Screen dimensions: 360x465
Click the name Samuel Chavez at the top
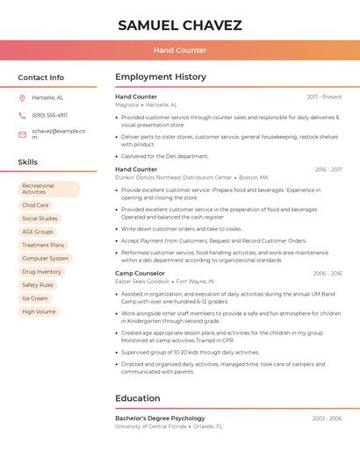pos(180,25)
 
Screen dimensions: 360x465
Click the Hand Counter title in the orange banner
pos(180,50)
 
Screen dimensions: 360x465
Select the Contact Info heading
pos(41,77)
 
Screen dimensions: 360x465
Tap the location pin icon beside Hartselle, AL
pos(22,97)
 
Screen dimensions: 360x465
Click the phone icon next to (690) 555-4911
pos(22,115)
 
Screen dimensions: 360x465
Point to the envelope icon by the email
pos(22,134)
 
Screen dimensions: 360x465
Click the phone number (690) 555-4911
pos(49,115)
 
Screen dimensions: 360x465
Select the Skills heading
pos(28,162)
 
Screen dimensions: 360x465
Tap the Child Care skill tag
pos(35,205)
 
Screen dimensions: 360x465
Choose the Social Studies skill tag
pos(40,218)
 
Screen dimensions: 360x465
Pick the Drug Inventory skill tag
pos(41,272)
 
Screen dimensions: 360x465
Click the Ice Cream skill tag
pos(35,298)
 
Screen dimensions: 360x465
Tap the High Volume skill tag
pos(39,311)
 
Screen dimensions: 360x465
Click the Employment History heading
pos(161,77)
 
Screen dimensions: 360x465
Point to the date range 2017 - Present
pos(324,97)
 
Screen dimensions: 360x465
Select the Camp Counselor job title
pos(140,273)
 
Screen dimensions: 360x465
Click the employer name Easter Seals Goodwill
pos(142,282)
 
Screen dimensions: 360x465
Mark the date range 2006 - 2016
pos(328,273)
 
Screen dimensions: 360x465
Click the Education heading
pos(138,398)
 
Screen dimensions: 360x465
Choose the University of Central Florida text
pos(150,426)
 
